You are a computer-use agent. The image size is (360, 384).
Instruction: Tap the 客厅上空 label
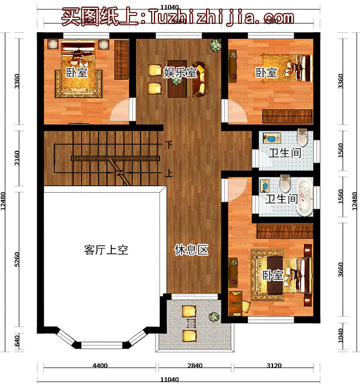pyautogui.click(x=106, y=250)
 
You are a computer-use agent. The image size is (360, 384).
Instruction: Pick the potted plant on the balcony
pyautogui.click(x=213, y=318)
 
